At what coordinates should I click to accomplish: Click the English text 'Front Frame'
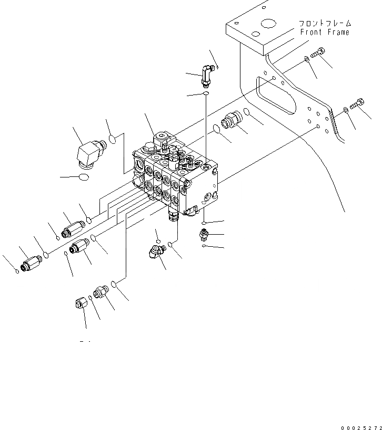coord(324,32)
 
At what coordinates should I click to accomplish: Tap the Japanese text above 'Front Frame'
coord(324,24)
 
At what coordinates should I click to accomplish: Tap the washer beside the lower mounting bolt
coord(345,110)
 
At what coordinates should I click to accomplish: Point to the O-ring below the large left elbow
coord(83,177)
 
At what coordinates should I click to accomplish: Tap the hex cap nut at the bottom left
coord(81,303)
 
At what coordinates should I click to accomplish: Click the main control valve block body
coord(176,179)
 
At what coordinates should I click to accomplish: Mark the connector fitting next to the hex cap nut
coord(101,291)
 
